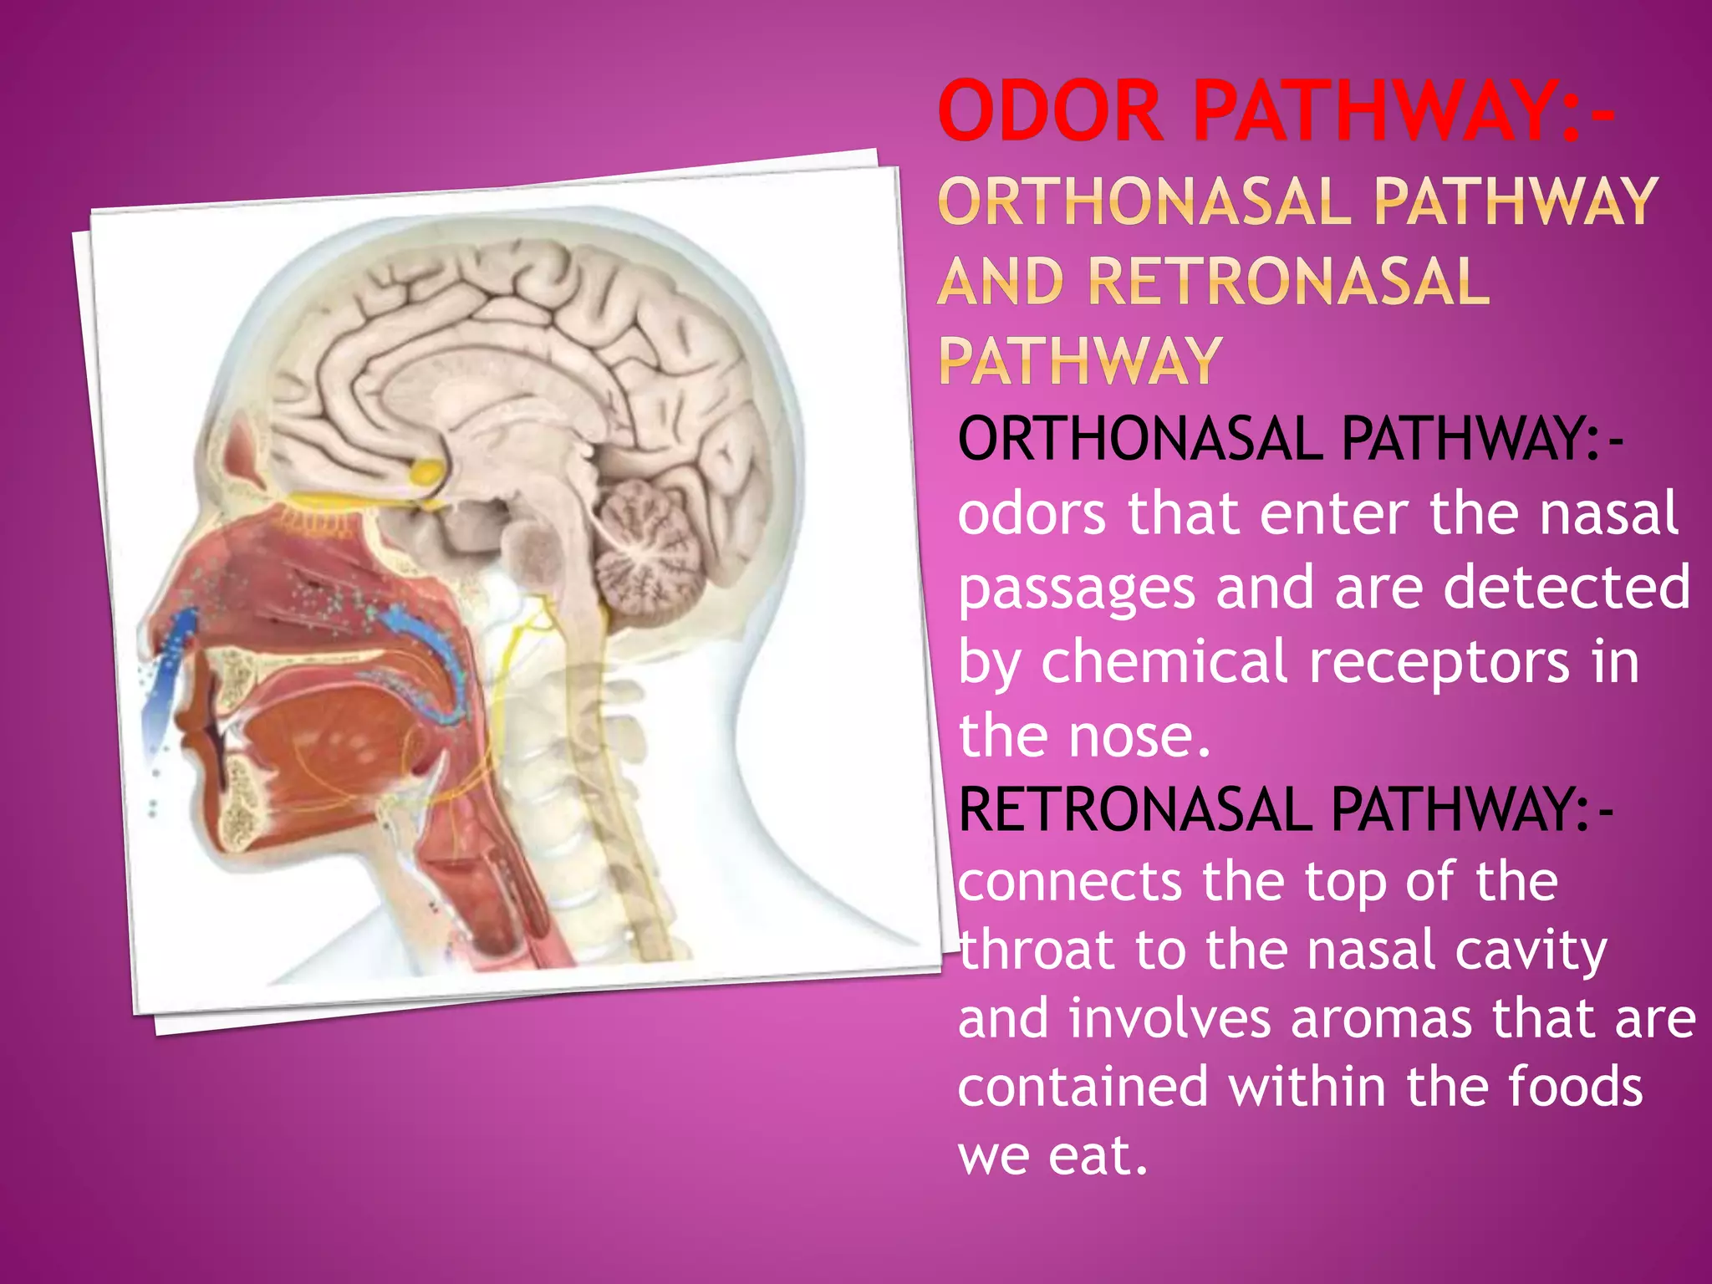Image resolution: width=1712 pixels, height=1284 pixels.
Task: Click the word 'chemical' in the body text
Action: tap(1164, 662)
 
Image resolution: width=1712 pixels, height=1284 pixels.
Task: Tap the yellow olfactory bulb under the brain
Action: tap(427, 472)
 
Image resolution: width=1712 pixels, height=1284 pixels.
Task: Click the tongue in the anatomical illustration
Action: tap(334, 736)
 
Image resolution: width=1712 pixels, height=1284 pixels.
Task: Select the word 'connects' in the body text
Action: tap(1070, 882)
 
